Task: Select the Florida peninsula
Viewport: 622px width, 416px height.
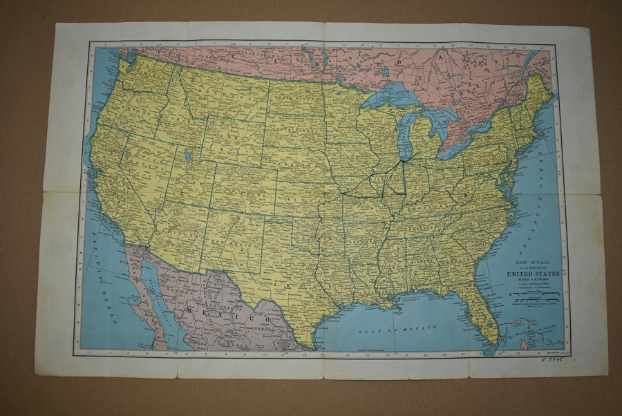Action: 480,314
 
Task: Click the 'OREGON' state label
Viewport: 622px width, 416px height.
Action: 121,114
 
